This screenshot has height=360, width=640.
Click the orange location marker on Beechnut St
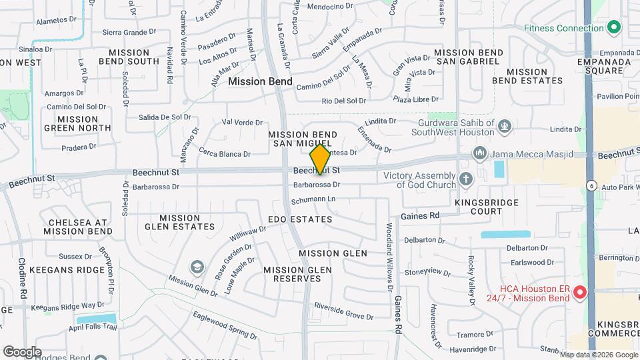pyautogui.click(x=320, y=159)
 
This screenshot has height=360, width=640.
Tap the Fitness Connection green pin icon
pyautogui.click(x=613, y=28)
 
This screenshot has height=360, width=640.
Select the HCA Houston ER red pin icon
pyautogui.click(x=579, y=292)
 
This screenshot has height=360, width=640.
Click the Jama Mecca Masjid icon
pyautogui.click(x=480, y=154)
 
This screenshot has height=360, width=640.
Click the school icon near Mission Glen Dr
pyautogui.click(x=197, y=268)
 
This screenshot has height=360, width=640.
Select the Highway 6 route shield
pyautogui.click(x=590, y=185)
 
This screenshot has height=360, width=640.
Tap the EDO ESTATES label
pyautogui.click(x=300, y=219)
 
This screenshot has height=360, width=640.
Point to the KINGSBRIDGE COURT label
pyautogui.click(x=478, y=206)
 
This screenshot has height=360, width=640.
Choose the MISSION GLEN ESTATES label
pyautogui.click(x=179, y=223)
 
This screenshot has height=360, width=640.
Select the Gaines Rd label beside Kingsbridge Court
pyautogui.click(x=420, y=216)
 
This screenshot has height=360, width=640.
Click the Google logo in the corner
pyautogui.click(x=22, y=351)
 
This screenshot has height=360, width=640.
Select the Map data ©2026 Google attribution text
pyautogui.click(x=599, y=354)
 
